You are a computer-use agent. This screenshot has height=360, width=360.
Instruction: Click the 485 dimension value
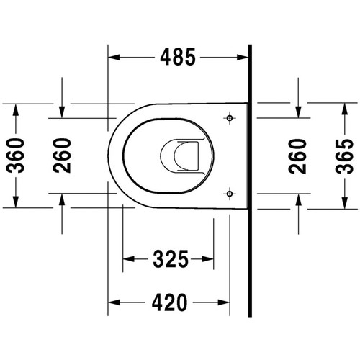(178, 57)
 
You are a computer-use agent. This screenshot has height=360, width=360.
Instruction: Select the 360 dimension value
(15, 156)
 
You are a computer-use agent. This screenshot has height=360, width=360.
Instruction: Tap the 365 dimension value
(345, 156)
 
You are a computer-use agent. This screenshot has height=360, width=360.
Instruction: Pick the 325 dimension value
(171, 259)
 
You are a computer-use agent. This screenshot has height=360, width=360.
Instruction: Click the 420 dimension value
(169, 302)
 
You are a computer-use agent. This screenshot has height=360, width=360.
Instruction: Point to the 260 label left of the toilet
(62, 156)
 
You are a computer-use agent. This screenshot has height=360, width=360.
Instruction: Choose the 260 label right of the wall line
(298, 156)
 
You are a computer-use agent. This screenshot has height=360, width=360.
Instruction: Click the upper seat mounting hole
(230, 118)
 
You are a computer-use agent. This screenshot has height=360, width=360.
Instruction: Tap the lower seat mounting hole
(230, 194)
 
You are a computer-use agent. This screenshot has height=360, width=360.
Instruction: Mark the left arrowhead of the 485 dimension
(114, 58)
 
